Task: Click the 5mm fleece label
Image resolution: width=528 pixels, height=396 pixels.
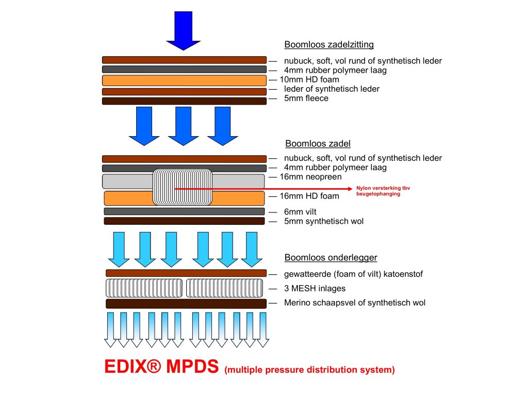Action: pyautogui.click(x=306, y=98)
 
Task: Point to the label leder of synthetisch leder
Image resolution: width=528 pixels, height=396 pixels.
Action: pyautogui.click(x=332, y=89)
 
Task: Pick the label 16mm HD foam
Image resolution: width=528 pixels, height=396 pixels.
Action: pyautogui.click(x=309, y=196)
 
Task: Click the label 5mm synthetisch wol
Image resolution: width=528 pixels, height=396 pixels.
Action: pyautogui.click(x=324, y=222)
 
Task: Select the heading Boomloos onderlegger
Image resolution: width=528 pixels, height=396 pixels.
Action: pyautogui.click(x=331, y=258)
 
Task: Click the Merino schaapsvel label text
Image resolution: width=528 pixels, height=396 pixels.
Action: pyautogui.click(x=355, y=303)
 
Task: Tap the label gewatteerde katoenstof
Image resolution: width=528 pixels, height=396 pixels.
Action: pyautogui.click(x=353, y=274)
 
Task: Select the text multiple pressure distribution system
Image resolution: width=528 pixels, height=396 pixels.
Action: pyautogui.click(x=310, y=370)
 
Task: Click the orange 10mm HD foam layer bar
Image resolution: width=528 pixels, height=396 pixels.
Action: pyautogui.click(x=184, y=80)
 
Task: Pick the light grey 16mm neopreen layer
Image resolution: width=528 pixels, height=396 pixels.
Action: pyautogui.click(x=126, y=181)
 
